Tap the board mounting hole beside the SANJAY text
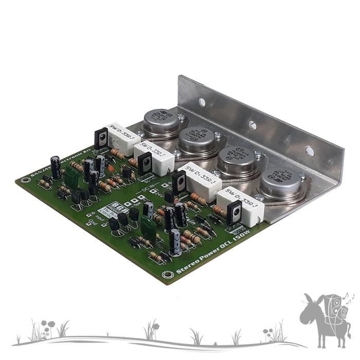[x=23, y=179]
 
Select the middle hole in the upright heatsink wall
[x=252, y=125]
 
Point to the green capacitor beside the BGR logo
[x=149, y=227]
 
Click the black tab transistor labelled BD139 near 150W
[x=234, y=213]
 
